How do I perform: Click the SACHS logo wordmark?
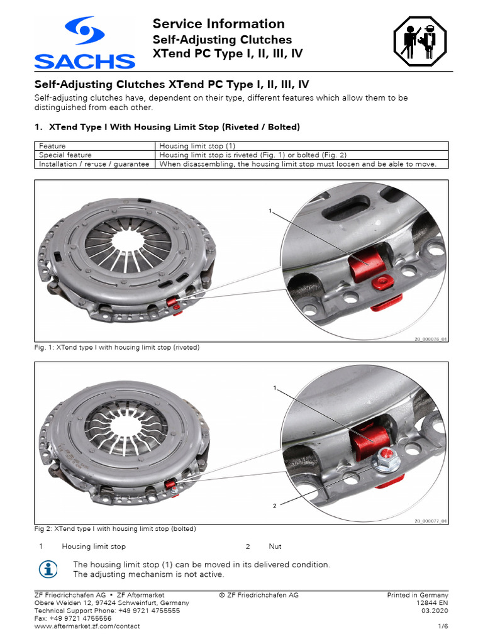pos(84,61)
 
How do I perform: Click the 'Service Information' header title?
pos(218,24)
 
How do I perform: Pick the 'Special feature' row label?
pos(65,155)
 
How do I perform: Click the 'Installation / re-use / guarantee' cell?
pos(94,164)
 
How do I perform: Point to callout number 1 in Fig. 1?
pos(270,211)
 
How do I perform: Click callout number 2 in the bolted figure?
pos(274,504)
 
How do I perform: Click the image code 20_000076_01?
pos(430,338)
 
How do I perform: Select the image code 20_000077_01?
pos(430,521)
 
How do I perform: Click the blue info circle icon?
pos(47,569)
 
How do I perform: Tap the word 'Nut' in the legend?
pos(275,547)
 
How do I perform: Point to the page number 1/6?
pos(442,626)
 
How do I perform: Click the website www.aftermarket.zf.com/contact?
pos(87,626)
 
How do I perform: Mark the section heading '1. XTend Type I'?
pos(166,127)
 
